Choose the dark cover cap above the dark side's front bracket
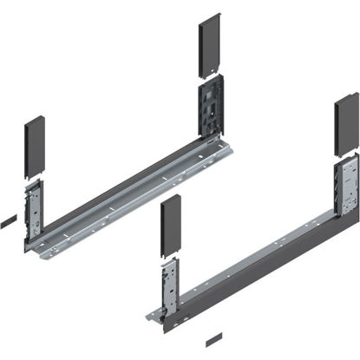170,227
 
